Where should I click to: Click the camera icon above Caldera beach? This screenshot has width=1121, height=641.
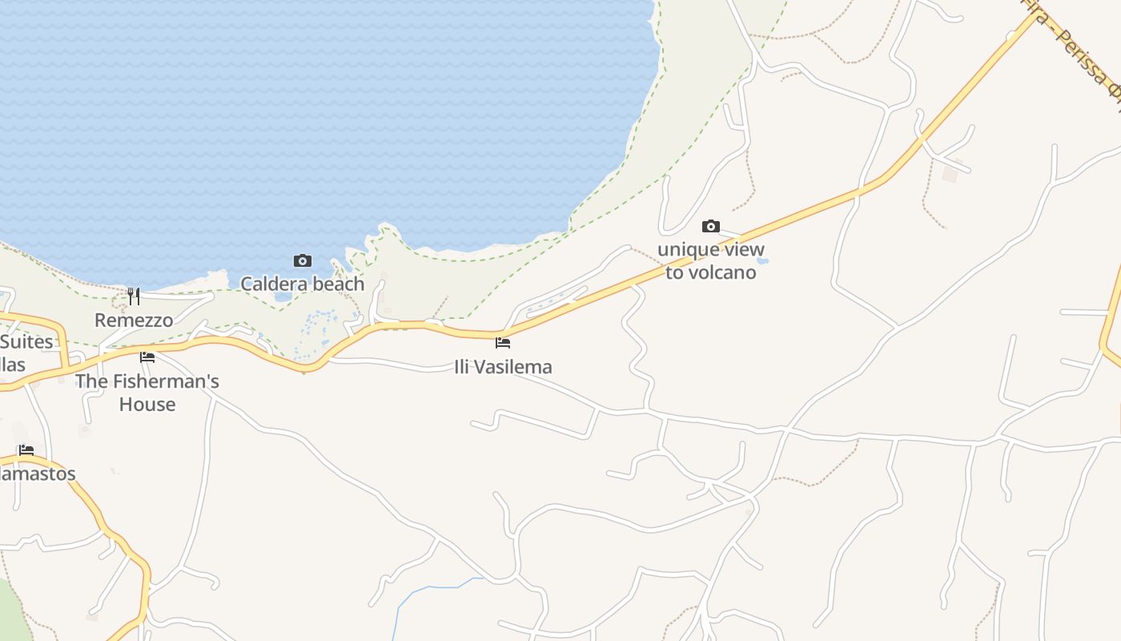tap(303, 260)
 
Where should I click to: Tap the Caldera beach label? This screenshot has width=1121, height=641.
tap(303, 284)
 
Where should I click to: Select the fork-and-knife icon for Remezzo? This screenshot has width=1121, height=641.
tap(134, 296)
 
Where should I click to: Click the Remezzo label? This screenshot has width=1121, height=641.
tap(134, 320)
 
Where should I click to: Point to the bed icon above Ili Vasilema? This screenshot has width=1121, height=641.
tap(503, 343)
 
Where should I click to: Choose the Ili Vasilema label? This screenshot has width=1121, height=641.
tap(503, 367)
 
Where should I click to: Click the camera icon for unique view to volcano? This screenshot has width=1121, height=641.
tap(711, 227)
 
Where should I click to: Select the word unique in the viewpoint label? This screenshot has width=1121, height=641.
tap(687, 249)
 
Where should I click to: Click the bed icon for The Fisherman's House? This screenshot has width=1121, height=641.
tap(147, 357)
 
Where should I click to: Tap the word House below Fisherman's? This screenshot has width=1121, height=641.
tap(147, 404)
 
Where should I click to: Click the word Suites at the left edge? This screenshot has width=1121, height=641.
tap(26, 342)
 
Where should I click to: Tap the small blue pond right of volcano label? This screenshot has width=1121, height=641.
tap(762, 260)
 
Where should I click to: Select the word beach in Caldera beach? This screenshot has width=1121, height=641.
tap(339, 284)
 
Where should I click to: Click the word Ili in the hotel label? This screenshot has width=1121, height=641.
tap(464, 367)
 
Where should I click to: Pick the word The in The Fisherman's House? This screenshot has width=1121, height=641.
tap(90, 381)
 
